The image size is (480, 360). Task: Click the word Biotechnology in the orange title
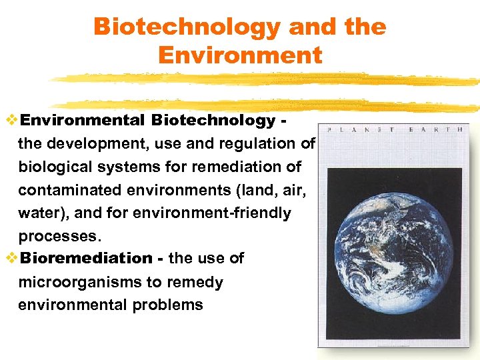click(187, 27)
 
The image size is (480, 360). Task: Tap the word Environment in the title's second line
click(240, 55)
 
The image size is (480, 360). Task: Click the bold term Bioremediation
click(86, 258)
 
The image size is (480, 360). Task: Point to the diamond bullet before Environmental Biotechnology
click(11, 120)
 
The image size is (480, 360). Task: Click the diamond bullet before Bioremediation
click(11, 258)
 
